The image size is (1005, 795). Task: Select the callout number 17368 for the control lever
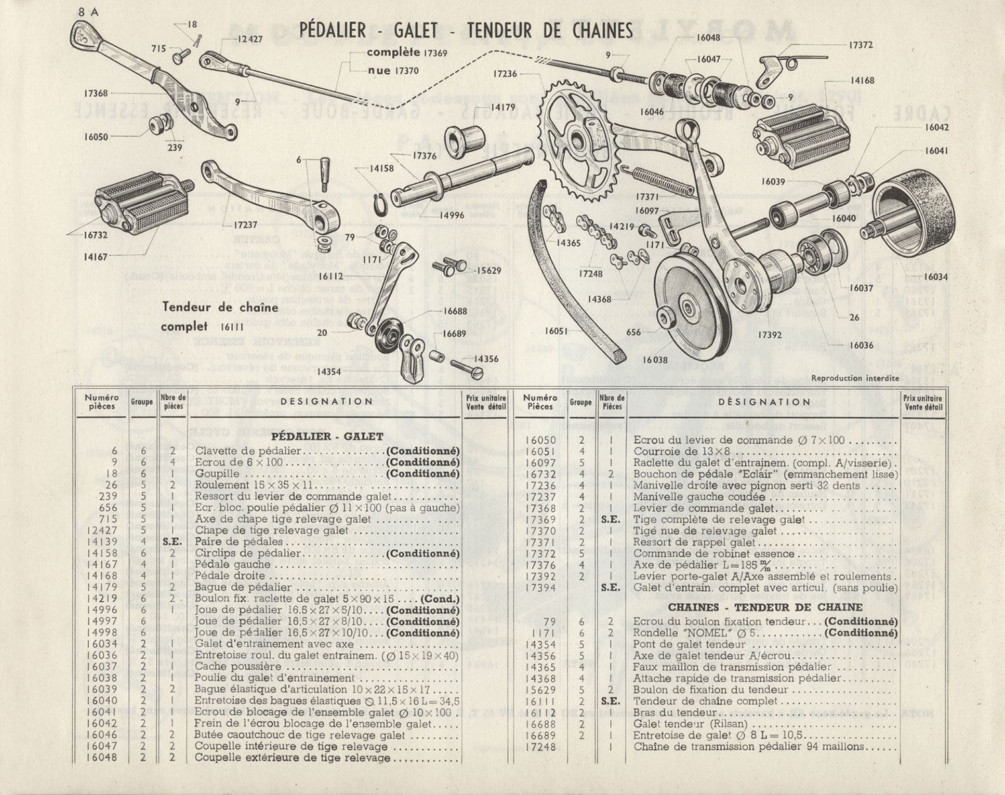pyautogui.click(x=97, y=93)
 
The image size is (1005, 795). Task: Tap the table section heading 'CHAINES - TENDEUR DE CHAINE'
pyautogui.click(x=765, y=607)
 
